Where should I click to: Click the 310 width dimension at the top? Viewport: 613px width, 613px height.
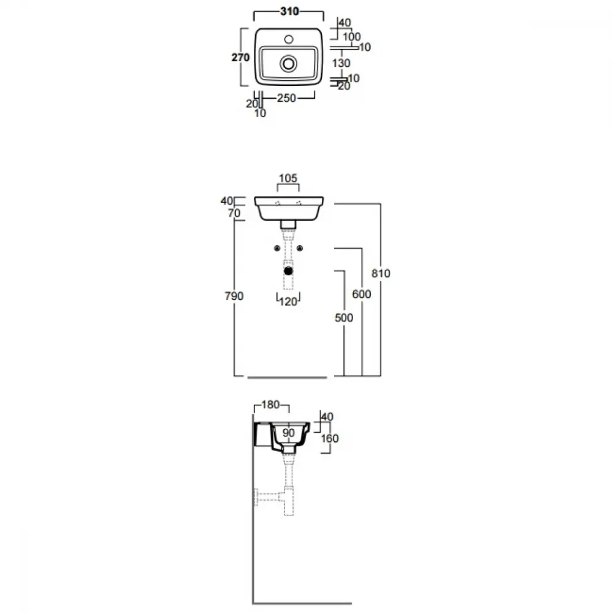pos(290,11)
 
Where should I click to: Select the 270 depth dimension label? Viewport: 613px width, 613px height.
pos(240,58)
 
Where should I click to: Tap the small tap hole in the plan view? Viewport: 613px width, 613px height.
pos(289,39)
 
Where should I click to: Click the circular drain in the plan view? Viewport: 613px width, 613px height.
pos(289,63)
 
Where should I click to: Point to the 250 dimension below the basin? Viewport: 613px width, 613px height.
pos(286,97)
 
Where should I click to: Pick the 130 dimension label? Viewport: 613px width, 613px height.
pos(341,63)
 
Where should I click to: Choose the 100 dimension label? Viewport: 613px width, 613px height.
pos(351,37)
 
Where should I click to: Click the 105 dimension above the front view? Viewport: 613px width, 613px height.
pos(288,178)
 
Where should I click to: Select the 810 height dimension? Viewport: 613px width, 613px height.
pos(381,273)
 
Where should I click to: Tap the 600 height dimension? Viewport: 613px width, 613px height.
pos(362,294)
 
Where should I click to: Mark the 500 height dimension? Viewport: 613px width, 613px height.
pos(344,318)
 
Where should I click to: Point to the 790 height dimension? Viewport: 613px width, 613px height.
pos(234,296)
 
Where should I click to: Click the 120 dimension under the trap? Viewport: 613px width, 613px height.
pos(288,302)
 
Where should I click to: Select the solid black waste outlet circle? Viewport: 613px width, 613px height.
pos(289,270)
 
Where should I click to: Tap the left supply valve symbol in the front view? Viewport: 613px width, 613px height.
pos(277,248)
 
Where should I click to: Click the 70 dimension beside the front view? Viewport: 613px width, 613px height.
pos(234,213)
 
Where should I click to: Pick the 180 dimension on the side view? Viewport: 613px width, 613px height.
pos(270,404)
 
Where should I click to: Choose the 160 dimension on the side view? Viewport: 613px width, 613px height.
pos(330,438)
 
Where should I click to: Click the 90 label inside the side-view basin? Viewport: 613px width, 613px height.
pos(289,433)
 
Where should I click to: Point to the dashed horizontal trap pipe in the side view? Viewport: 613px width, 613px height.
pos(269,497)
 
